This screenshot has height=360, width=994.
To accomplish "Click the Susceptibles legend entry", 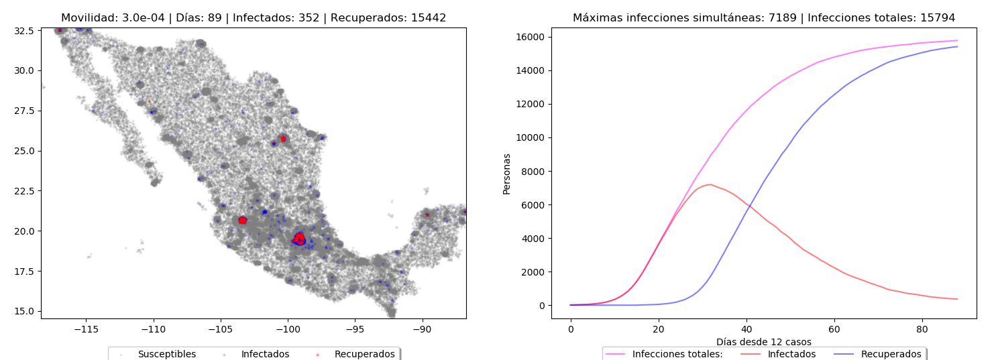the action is point(166,354).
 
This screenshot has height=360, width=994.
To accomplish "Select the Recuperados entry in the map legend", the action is point(364,354).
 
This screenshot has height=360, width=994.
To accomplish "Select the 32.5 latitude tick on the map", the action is point(24,30).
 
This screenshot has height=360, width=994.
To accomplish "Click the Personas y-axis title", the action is point(507,174).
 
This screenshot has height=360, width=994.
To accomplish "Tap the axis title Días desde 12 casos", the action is point(763,342).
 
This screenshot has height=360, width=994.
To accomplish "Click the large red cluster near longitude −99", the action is point(299,238).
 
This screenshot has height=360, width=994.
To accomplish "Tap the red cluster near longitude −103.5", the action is point(242,220).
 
